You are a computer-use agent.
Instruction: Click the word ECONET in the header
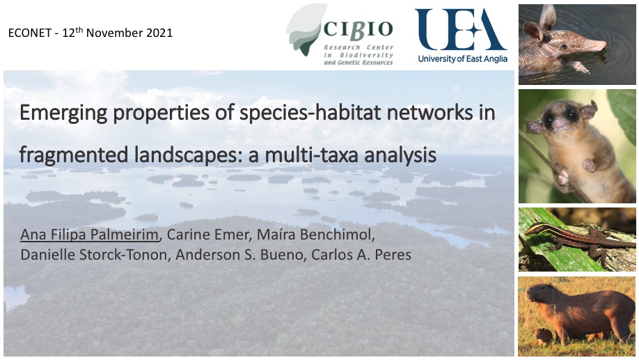click(30, 33)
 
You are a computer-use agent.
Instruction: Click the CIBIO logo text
click(358, 29)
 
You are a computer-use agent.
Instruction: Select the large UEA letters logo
click(461, 29)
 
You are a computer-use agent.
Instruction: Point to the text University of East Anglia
click(462, 58)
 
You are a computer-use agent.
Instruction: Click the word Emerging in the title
click(63, 114)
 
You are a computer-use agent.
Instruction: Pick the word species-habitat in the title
click(310, 114)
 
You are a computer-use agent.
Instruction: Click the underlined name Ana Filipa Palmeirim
click(90, 235)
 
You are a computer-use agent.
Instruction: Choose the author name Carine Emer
click(209, 235)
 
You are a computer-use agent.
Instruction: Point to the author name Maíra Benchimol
click(315, 235)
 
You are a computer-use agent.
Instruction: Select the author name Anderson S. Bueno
click(239, 255)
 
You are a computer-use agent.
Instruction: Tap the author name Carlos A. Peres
click(361, 255)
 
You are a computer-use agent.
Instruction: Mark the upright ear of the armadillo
click(547, 17)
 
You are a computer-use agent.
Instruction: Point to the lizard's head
click(531, 230)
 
